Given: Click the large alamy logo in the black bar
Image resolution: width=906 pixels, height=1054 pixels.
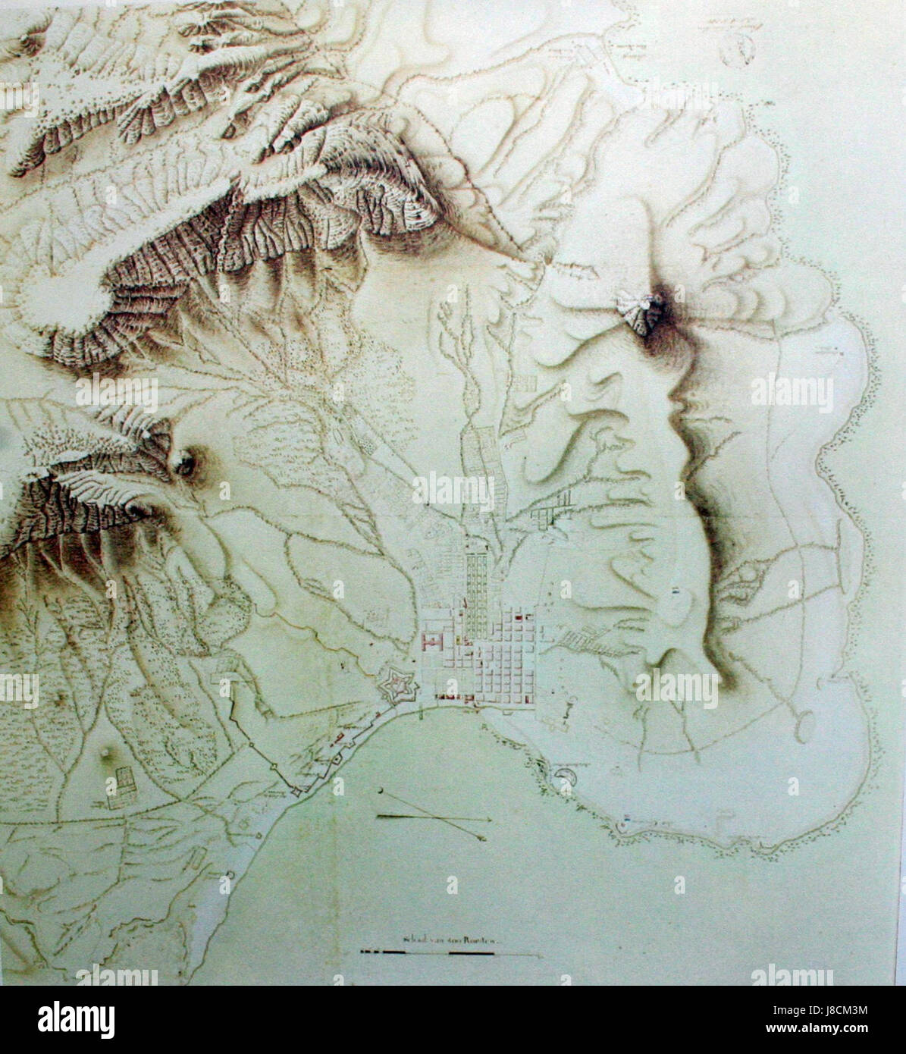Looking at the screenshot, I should tap(77, 1018).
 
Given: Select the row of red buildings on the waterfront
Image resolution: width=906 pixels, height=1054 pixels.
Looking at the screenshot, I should tap(454, 696).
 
